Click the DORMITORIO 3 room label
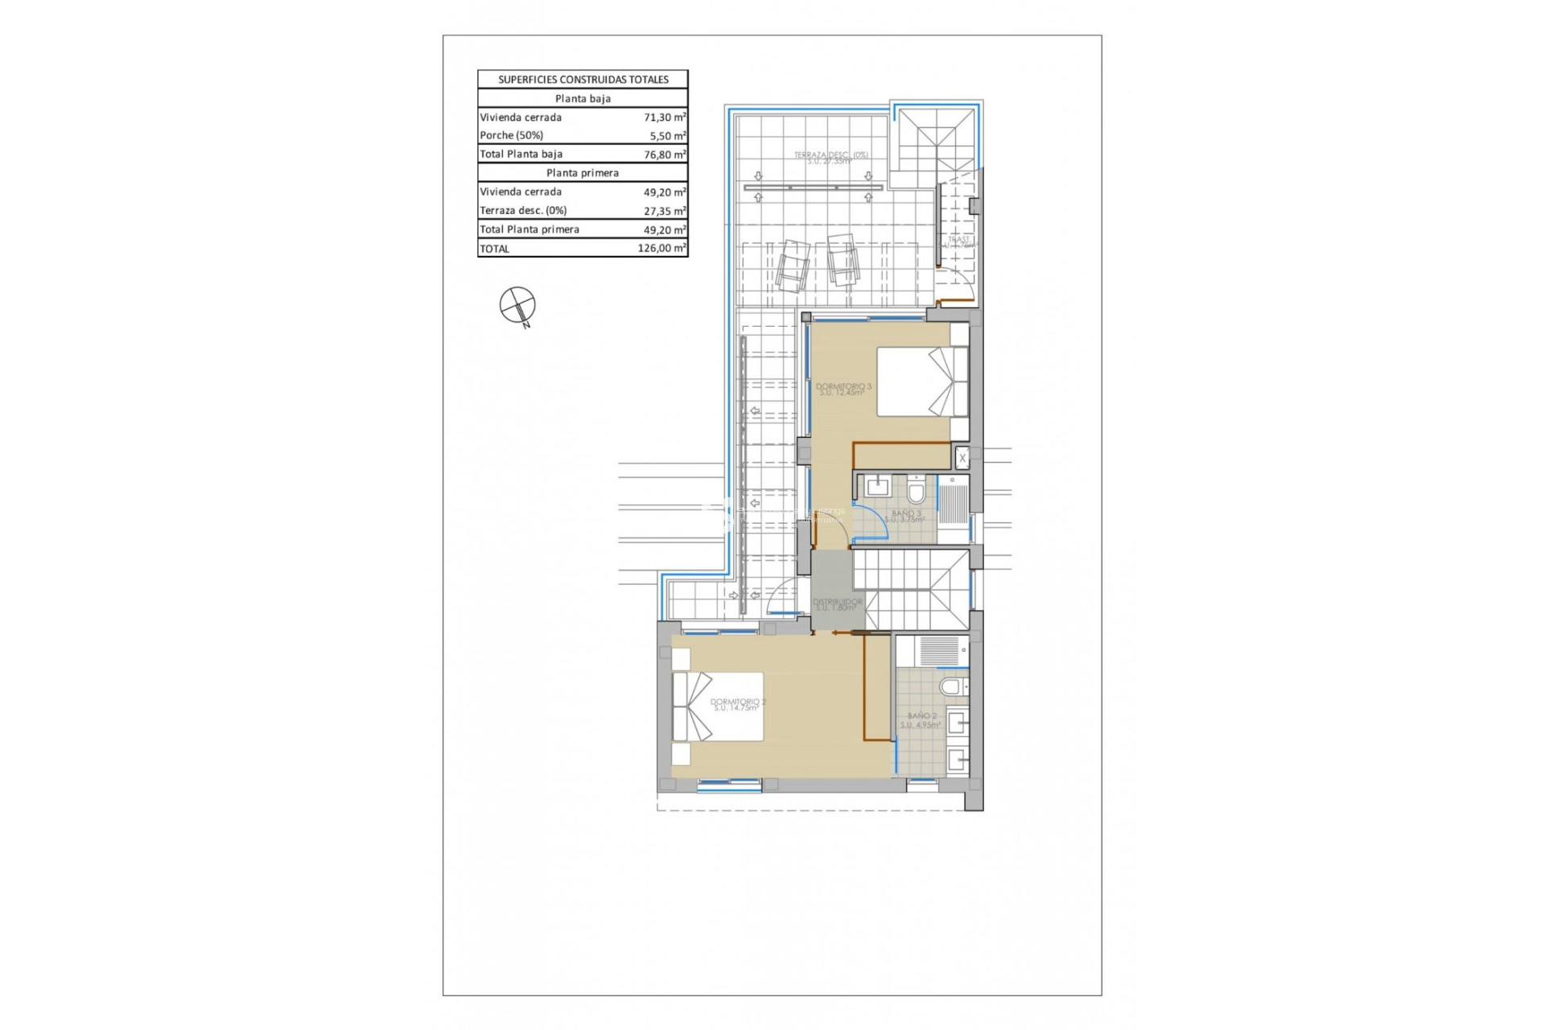[x=843, y=389]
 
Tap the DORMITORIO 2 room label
[x=737, y=705]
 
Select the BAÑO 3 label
[x=906, y=516]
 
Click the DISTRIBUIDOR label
[x=837, y=604]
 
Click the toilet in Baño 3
[x=916, y=491]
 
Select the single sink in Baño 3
[x=877, y=487]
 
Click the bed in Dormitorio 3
[x=922, y=381]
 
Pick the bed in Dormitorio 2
[x=718, y=707]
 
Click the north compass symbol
[x=517, y=306]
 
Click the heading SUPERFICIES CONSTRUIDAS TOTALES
[x=583, y=79]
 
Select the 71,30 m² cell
[x=664, y=117]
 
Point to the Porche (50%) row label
[x=512, y=135]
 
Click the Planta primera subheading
[x=583, y=173]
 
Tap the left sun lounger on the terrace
[x=793, y=266]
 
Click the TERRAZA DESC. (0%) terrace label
[x=830, y=158]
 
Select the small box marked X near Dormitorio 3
[x=962, y=459]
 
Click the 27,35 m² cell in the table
[x=664, y=211]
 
